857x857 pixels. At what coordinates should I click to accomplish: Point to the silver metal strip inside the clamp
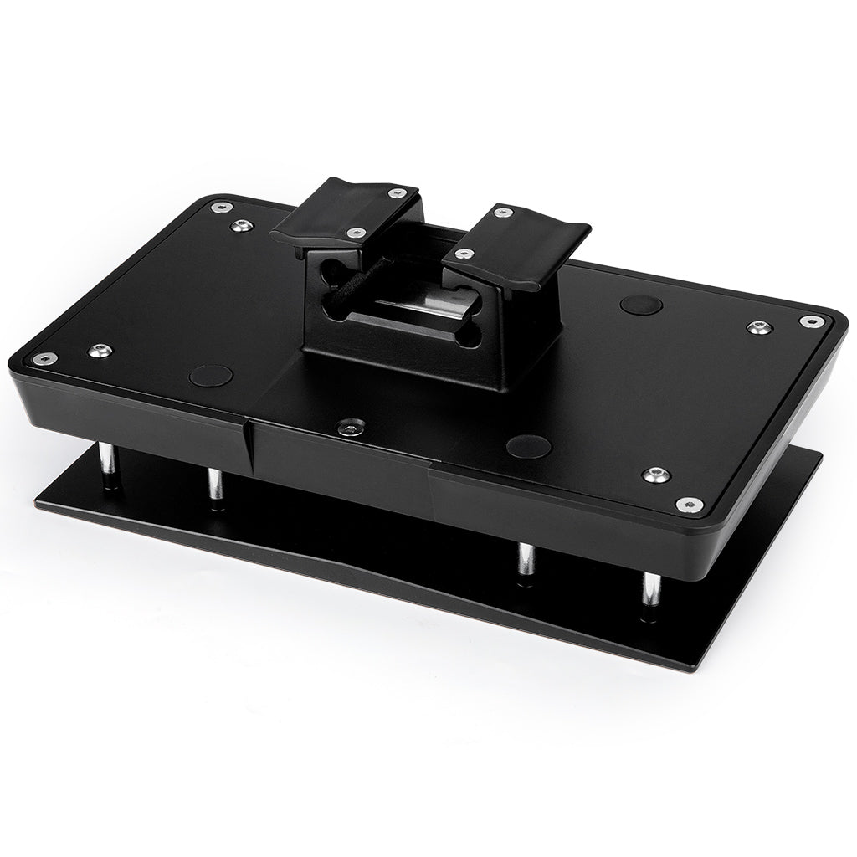pyautogui.click(x=418, y=314)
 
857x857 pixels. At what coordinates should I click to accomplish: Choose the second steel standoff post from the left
pyautogui.click(x=215, y=485)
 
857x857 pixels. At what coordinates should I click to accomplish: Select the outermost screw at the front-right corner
pyautogui.click(x=689, y=504)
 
